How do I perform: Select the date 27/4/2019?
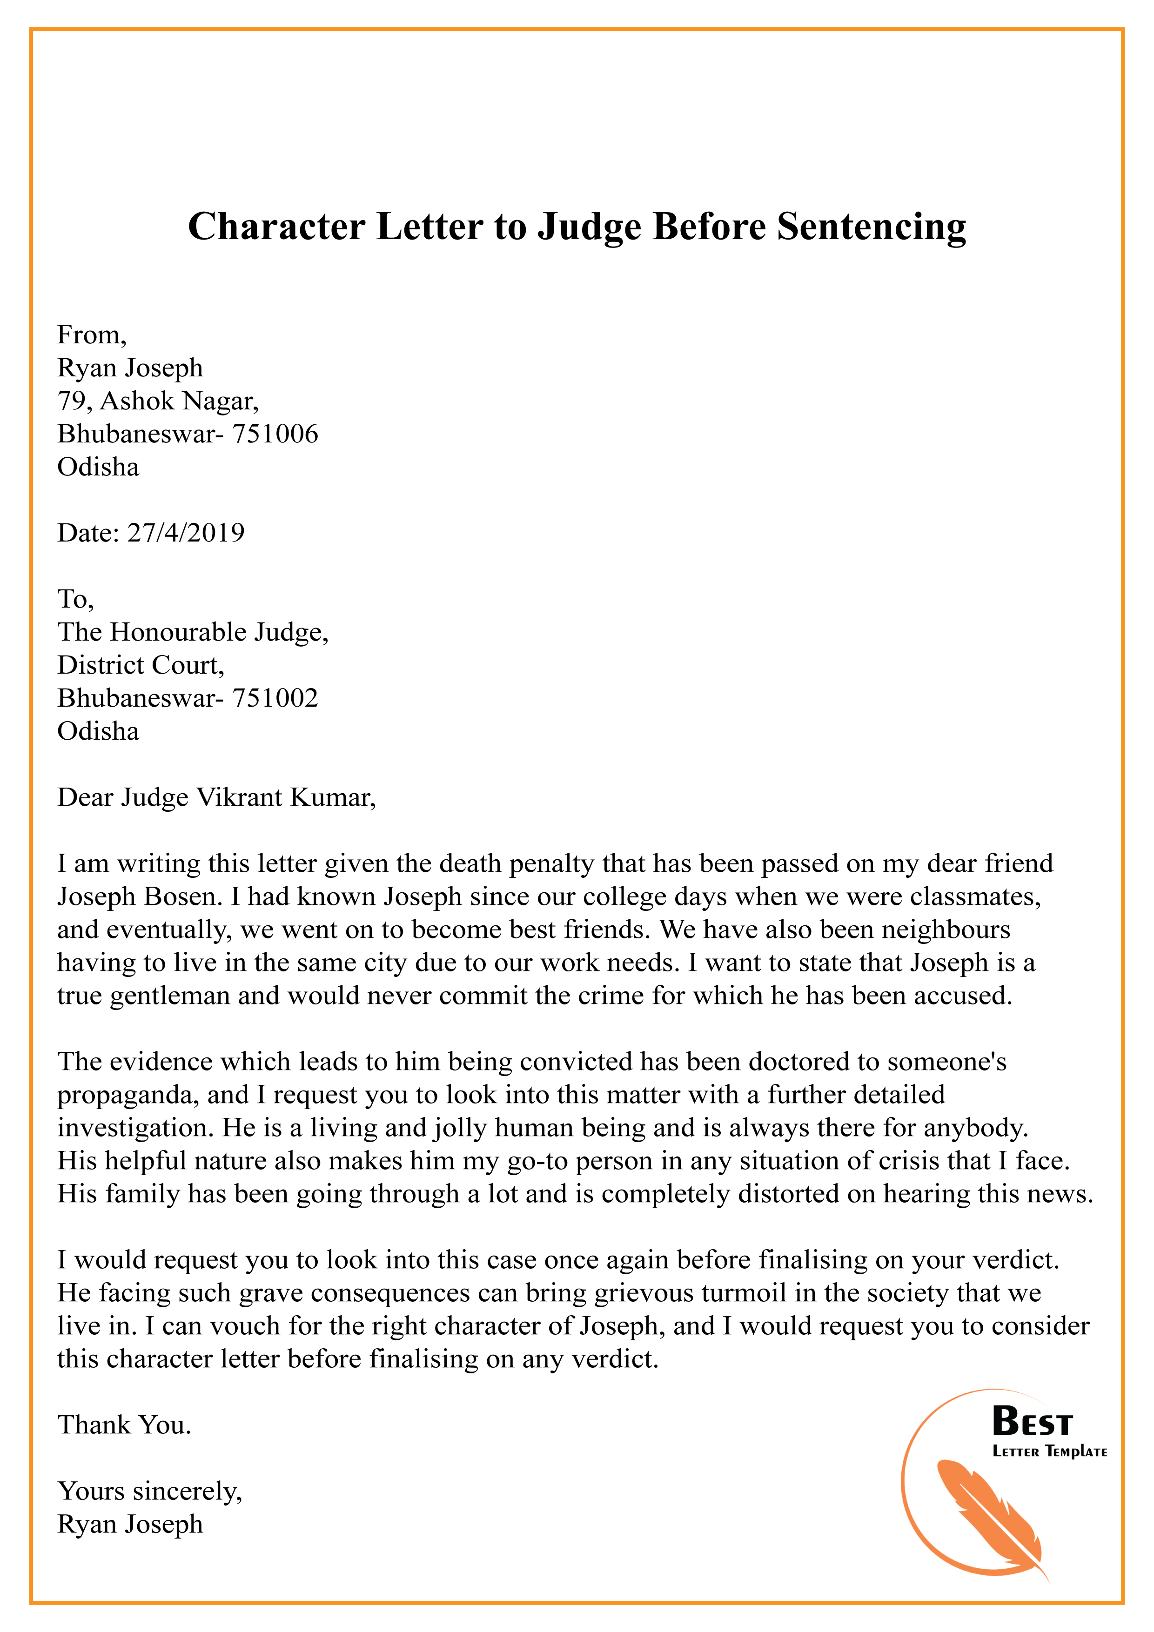pos(186,532)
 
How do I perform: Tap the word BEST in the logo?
pos(1032,1422)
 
